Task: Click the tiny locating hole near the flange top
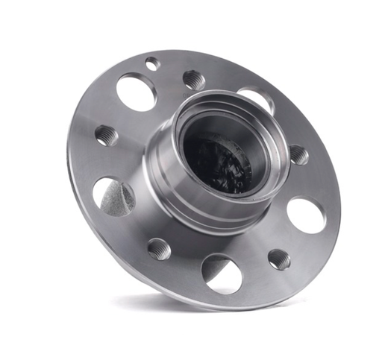point(152,63)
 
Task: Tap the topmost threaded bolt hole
point(194,78)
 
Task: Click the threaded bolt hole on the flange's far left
point(105,135)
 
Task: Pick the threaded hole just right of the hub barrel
point(298,154)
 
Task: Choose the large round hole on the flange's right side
point(306,215)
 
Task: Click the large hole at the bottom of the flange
point(222,273)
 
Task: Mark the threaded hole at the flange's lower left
point(159,248)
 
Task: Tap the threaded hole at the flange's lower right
point(279,259)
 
